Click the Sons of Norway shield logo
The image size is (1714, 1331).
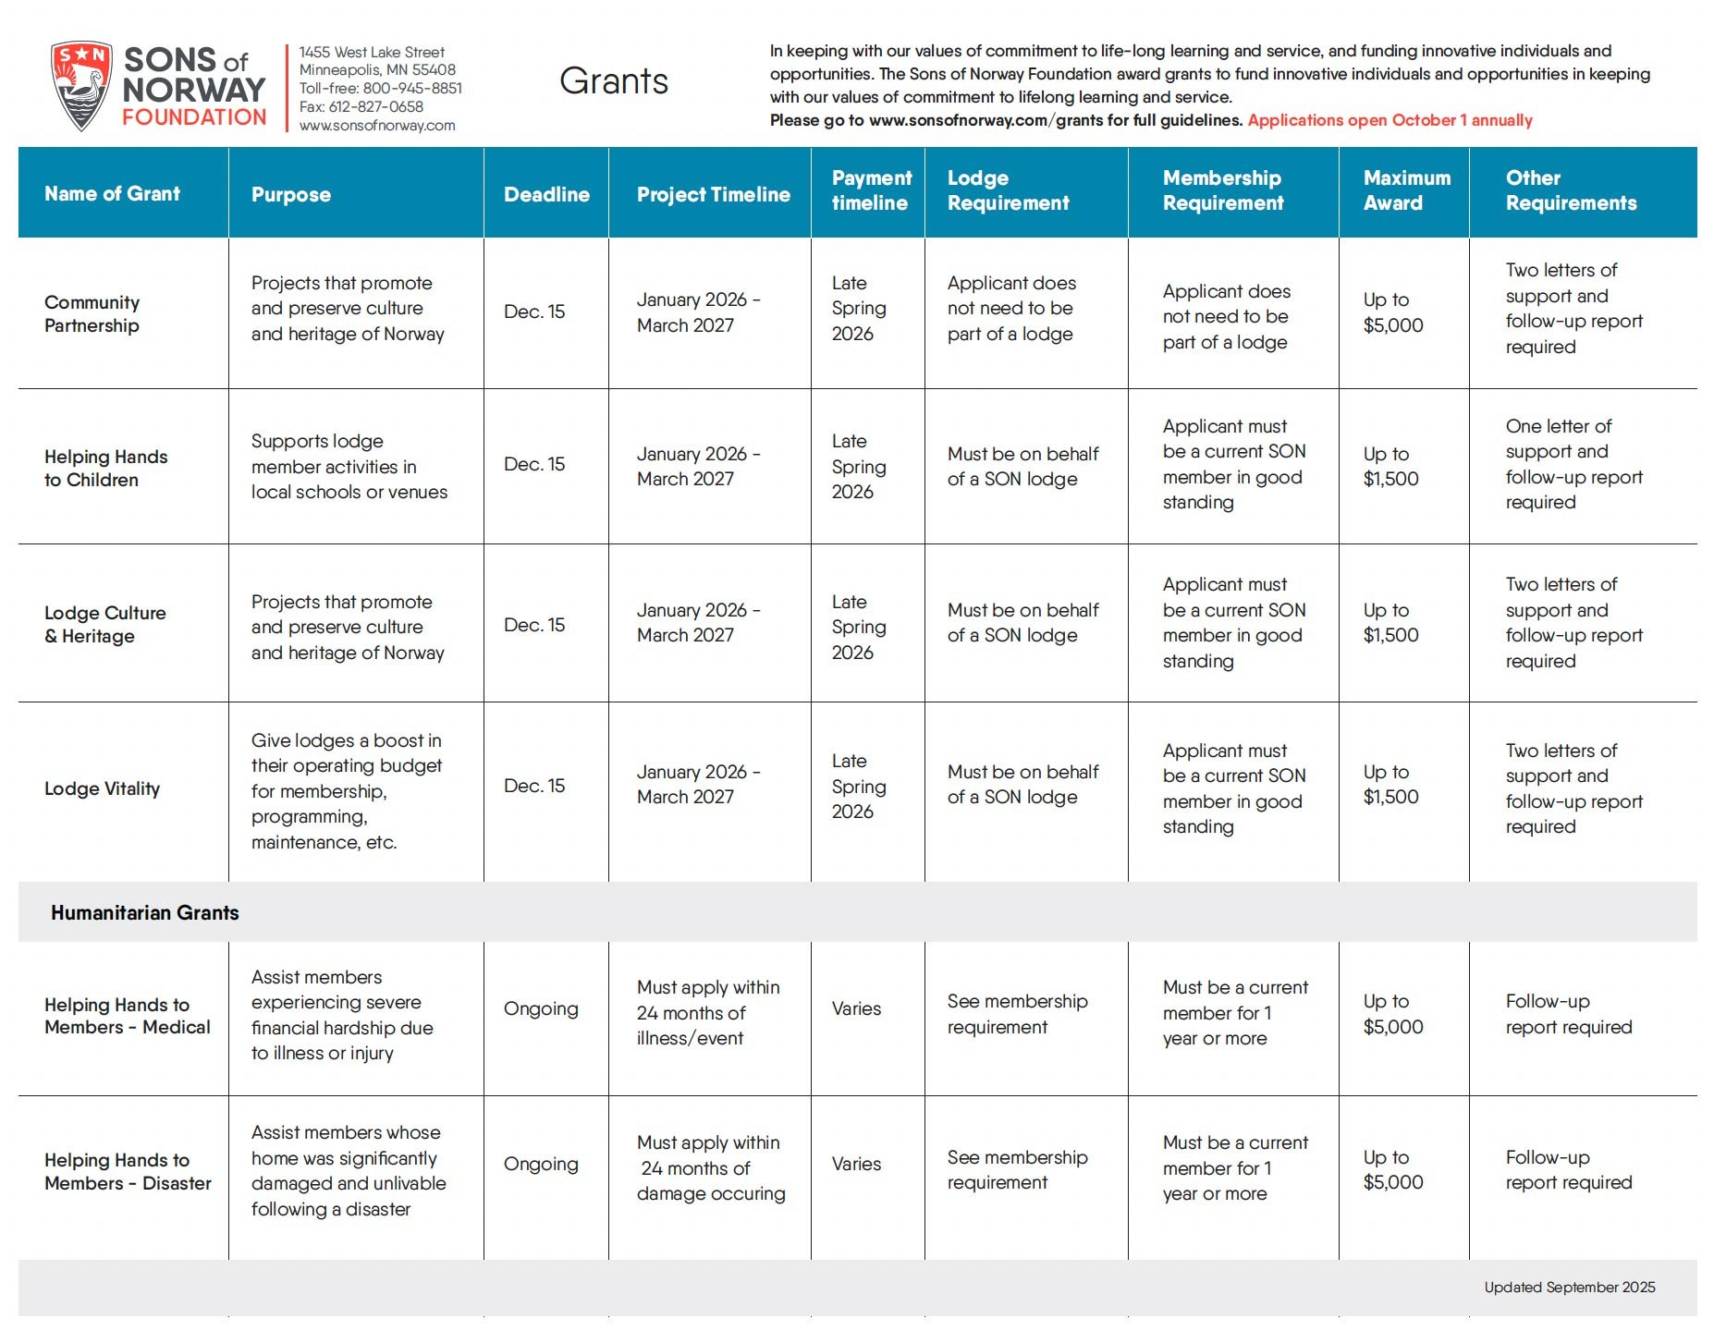click(81, 85)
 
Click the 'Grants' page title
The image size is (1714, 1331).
click(614, 81)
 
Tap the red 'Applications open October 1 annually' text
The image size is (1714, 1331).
click(1390, 120)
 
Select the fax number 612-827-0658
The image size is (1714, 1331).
click(361, 106)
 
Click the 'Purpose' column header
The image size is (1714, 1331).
click(291, 194)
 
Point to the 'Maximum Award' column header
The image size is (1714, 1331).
click(1406, 190)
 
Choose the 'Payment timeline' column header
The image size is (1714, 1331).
click(871, 190)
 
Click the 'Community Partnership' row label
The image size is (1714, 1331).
click(92, 314)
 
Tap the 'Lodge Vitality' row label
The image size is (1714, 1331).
click(103, 788)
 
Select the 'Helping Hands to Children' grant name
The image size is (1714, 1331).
click(106, 468)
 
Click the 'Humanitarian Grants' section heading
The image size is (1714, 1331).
click(145, 912)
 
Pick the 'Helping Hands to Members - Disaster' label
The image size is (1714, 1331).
click(128, 1171)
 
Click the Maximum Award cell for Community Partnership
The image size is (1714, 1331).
click(1392, 312)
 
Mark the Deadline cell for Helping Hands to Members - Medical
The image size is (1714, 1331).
click(541, 1008)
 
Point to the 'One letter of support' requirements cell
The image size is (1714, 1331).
click(1573, 464)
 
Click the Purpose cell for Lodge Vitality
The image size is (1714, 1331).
click(347, 791)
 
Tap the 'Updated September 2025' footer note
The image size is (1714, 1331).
click(1569, 1287)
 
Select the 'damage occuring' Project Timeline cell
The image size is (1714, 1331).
click(710, 1168)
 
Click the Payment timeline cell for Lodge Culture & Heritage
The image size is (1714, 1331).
click(858, 627)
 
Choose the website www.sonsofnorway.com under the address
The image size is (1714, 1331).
click(377, 126)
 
